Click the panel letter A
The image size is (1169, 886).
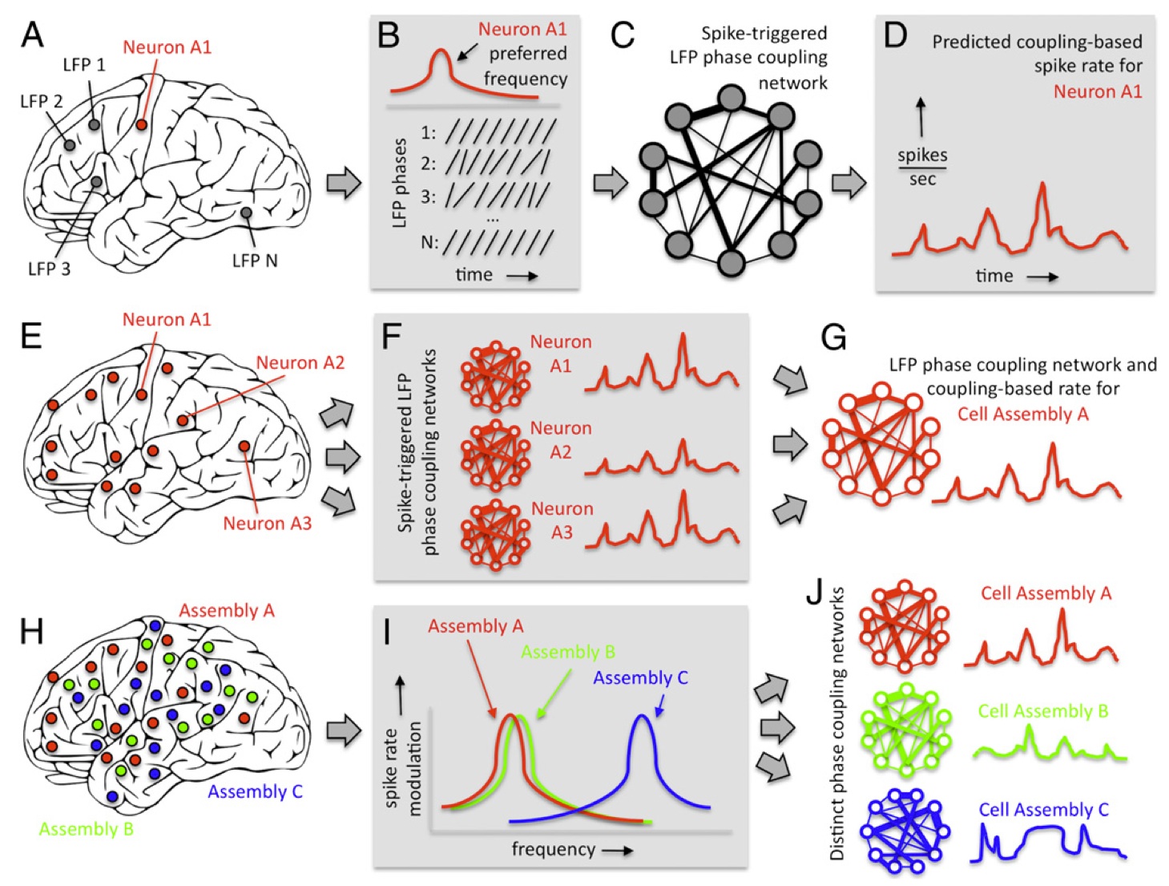(32, 34)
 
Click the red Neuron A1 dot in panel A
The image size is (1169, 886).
(141, 124)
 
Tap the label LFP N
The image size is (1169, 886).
(254, 261)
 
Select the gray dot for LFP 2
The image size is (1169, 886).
(70, 145)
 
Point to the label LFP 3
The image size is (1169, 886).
(49, 269)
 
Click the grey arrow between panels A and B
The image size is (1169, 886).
(344, 183)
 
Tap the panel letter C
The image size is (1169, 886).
(622, 34)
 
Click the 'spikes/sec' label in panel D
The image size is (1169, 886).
(922, 167)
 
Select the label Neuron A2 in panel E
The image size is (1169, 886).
(300, 362)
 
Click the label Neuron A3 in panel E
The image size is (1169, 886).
(267, 524)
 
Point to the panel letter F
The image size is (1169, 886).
(391, 335)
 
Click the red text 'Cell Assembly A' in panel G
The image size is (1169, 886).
(1022, 414)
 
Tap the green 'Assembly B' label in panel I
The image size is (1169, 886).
(567, 652)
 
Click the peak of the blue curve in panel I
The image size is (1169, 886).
(641, 715)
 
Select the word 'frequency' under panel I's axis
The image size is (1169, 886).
(553, 849)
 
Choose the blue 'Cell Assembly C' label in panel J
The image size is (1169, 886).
(1043, 810)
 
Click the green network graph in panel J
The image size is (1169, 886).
(905, 730)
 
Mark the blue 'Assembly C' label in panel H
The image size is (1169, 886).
(255, 791)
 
